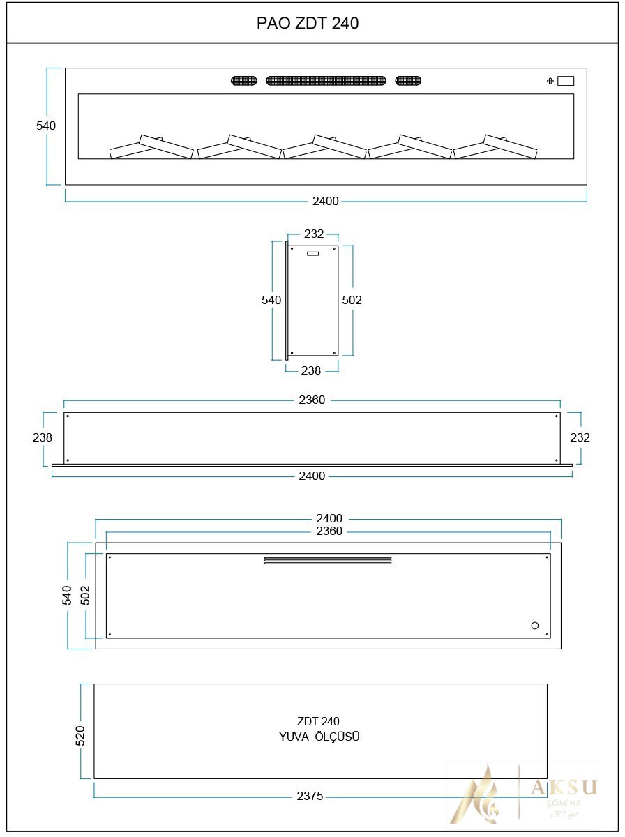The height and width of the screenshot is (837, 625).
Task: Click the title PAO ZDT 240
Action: coord(308,24)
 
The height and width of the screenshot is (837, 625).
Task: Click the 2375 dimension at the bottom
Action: coord(310,796)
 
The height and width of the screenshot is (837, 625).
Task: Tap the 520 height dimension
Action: coord(80,736)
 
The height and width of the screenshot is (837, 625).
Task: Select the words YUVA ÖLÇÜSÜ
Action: coord(319,737)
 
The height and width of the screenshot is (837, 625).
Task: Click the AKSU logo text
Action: coord(564,787)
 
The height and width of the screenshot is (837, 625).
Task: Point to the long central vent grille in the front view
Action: coord(326,81)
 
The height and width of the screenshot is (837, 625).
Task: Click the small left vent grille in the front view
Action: coord(244,81)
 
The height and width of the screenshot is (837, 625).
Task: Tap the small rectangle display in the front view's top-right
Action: coord(566,81)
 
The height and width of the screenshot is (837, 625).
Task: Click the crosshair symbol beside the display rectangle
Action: coord(550,82)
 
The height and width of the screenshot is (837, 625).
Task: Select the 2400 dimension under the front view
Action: coord(325,202)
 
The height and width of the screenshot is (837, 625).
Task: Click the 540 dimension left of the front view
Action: coord(46,126)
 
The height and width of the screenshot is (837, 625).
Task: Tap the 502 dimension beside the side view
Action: coord(352,300)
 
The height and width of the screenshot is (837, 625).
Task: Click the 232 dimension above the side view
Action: coord(314,234)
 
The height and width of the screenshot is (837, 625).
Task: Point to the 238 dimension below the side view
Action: coord(311,371)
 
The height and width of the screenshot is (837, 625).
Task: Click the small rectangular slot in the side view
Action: coord(312,253)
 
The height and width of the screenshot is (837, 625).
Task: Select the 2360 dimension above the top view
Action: coord(312,400)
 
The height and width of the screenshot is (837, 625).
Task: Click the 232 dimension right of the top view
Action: coord(580,437)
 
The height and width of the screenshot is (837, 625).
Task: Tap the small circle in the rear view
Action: coord(535,626)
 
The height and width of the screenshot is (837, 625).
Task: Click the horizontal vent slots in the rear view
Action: coord(328,560)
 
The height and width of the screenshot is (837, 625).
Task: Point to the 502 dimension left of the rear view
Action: coord(85,595)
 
